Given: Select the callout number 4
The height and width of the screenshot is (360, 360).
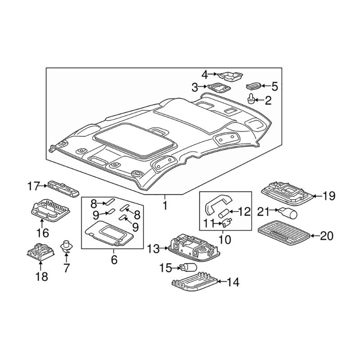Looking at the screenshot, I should tap(205, 74).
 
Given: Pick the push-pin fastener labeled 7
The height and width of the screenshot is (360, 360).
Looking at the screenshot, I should tap(66, 245).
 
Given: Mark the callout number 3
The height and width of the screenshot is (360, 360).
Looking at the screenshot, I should tap(195, 87).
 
